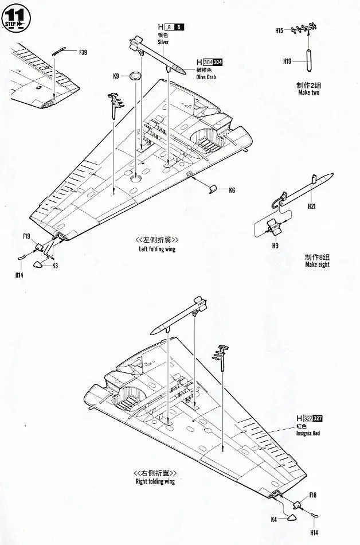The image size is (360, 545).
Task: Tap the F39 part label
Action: coord(83,53)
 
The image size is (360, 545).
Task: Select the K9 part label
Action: coord(116,76)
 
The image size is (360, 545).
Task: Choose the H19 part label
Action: coord(287,60)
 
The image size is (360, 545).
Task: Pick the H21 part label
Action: coord(312,207)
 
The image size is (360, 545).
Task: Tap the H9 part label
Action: coord(275,246)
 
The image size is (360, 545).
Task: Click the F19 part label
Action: coord(27,236)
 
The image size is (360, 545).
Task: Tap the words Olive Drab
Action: coord(208,76)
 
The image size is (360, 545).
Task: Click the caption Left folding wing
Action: coord(156,249)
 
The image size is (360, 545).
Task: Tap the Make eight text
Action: coord(317,264)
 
